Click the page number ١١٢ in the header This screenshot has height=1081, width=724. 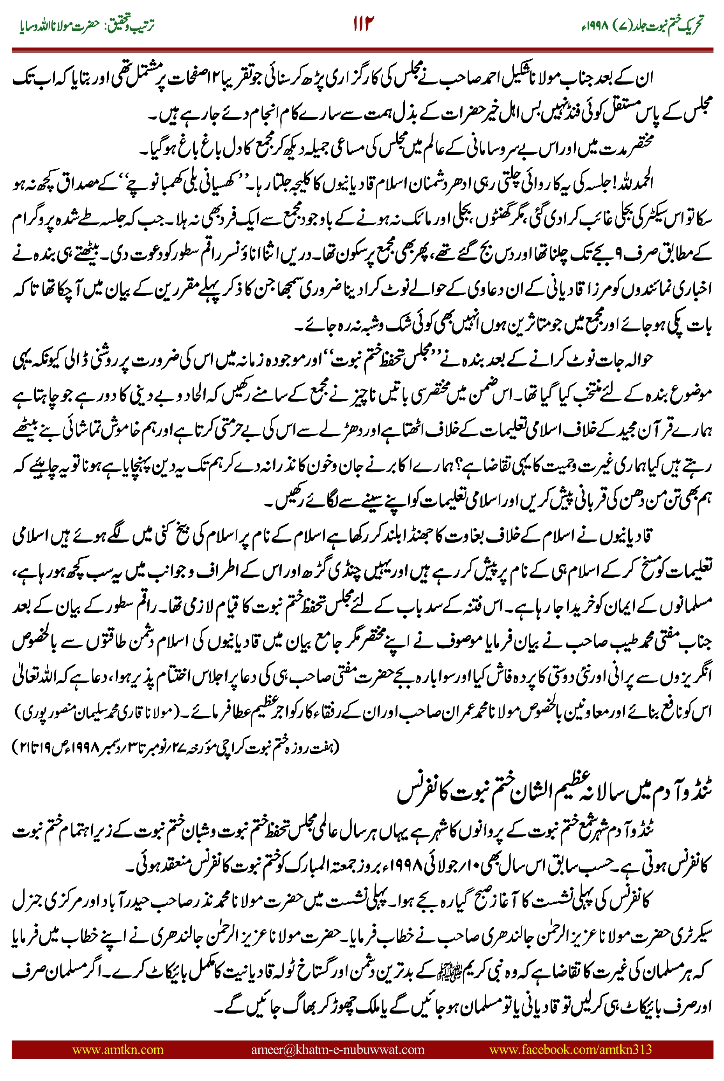click(363, 23)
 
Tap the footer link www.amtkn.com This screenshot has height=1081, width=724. click(118, 1049)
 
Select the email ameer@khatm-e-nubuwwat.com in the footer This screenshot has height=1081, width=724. click(337, 1049)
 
